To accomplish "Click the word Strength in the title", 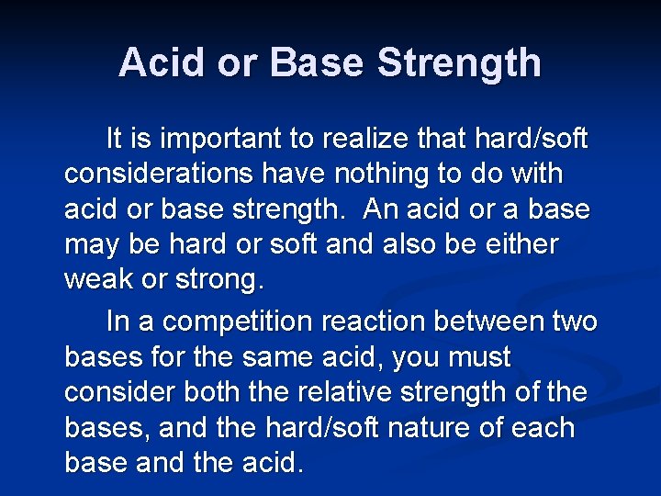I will [x=459, y=63].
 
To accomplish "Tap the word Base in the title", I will [x=314, y=63].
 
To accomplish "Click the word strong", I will [x=211, y=280].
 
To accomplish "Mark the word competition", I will [x=233, y=322].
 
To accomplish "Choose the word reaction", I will [x=380, y=322].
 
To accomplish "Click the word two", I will [x=576, y=322].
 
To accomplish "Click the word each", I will [x=547, y=427].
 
